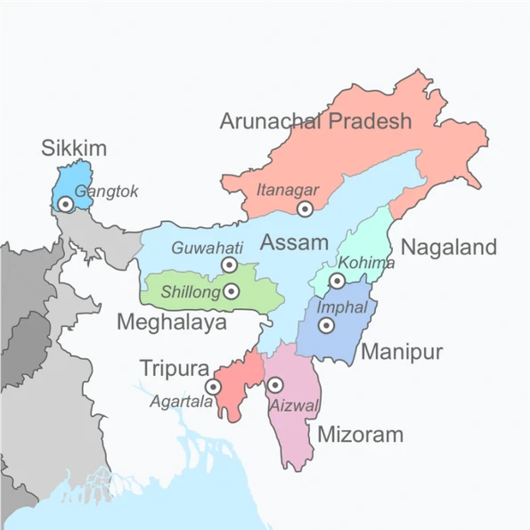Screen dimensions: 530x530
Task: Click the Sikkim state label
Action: coord(74,149)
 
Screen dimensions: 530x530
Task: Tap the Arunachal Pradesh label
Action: coord(316,121)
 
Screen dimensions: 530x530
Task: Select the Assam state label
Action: coord(294,241)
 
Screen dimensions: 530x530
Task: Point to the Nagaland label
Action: coord(448,247)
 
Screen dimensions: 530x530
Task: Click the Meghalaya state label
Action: coord(172,322)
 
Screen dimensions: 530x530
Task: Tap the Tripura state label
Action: coord(174,368)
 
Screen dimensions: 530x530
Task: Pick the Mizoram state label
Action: coord(360,435)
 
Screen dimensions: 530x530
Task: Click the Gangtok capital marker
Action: coord(65,204)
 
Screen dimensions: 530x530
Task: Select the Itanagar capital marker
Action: coord(306,208)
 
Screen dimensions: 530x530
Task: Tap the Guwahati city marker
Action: coord(229,265)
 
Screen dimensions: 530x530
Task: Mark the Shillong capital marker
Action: coord(232,290)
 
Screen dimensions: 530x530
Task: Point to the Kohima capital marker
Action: coord(337,281)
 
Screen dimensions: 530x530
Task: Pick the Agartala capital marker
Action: coord(213,387)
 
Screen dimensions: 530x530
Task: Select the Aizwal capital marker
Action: coord(275,385)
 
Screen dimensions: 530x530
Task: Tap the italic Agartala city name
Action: coord(183,402)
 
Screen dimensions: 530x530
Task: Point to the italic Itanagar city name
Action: coord(287,189)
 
